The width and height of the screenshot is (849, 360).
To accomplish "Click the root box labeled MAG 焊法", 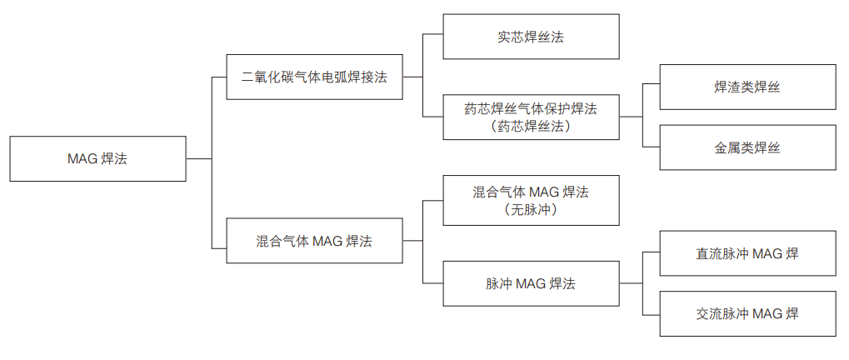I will (97, 158).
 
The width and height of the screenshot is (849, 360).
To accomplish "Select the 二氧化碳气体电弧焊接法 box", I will (314, 77).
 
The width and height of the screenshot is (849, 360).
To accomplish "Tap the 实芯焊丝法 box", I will (531, 37).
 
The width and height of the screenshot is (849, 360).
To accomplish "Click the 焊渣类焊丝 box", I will (747, 87).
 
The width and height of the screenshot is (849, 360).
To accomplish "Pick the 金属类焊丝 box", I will (747, 147).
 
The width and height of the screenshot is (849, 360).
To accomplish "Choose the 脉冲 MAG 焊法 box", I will (531, 283).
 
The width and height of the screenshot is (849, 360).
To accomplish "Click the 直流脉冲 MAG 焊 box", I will (747, 253).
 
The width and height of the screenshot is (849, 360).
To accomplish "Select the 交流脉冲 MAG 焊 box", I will (747, 313).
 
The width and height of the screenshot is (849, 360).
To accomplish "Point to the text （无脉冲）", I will (531, 210).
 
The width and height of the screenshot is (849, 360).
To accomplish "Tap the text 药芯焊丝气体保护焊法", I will (531, 108).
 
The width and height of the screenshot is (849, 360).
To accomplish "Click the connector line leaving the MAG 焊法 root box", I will (198, 158).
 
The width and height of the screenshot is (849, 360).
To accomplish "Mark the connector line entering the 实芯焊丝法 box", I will (433, 36).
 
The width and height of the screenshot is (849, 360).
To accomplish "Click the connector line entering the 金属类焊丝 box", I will (651, 147).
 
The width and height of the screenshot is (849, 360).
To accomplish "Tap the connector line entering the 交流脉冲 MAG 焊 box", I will (651, 313).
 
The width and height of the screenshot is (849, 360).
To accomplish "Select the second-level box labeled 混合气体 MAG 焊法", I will (314, 241).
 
